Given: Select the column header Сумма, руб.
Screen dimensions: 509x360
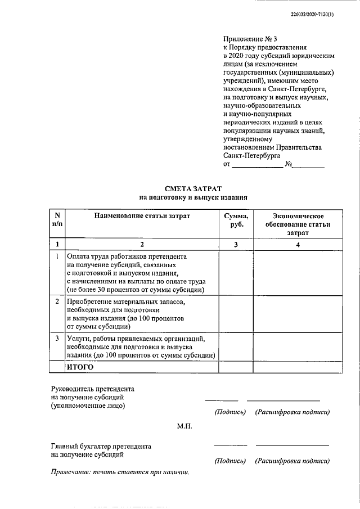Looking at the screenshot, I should [x=236, y=220].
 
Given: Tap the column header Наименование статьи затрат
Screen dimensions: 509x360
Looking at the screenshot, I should [x=142, y=216].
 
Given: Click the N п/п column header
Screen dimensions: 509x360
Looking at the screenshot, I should [x=57, y=220].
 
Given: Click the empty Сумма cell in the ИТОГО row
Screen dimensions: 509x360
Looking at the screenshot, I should [x=236, y=367].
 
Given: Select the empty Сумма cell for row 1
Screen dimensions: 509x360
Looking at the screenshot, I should [x=236, y=273].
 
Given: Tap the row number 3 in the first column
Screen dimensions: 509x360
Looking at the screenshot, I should [x=57, y=339].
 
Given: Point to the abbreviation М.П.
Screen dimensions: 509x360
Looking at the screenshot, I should [x=184, y=426].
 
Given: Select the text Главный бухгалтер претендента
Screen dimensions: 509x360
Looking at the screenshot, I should [x=101, y=446].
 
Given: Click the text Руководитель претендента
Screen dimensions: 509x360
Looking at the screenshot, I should [x=93, y=389].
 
